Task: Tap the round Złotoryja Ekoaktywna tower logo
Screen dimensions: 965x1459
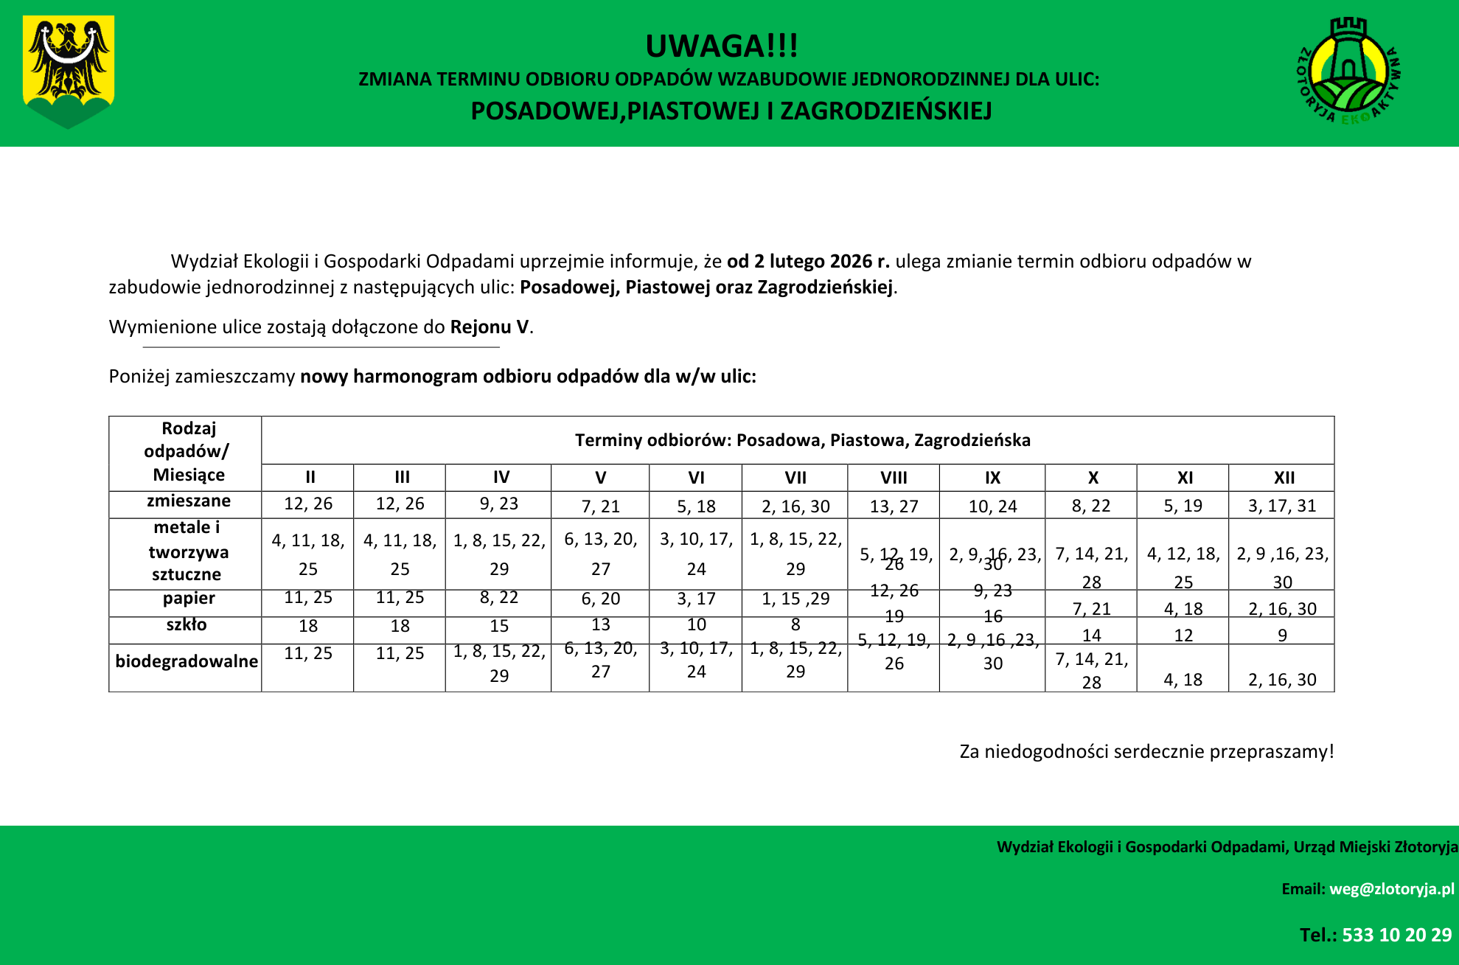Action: (1348, 72)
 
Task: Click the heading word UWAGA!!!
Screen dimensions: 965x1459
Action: (721, 46)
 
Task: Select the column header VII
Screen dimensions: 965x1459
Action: (795, 478)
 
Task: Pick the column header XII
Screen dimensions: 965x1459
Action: (1284, 478)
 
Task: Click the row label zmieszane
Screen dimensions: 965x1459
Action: (188, 501)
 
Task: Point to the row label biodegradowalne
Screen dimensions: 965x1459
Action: (187, 661)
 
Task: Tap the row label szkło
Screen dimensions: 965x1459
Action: (187, 625)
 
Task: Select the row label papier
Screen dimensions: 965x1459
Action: (189, 598)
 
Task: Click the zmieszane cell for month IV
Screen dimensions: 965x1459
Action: (499, 504)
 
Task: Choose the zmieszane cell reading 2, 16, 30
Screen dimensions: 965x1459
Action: (795, 506)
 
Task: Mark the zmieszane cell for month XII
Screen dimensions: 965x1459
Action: (1282, 506)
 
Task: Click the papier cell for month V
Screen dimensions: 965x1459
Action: (600, 599)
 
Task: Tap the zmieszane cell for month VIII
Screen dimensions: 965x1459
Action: (894, 506)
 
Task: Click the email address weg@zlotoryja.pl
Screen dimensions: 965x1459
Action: (1391, 889)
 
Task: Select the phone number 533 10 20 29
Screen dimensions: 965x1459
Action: (1396, 935)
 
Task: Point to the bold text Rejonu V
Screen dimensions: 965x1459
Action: (490, 327)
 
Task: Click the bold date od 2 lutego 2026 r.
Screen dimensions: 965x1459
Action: (808, 261)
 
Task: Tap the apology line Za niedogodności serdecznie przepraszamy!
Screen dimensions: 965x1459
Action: (1146, 751)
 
